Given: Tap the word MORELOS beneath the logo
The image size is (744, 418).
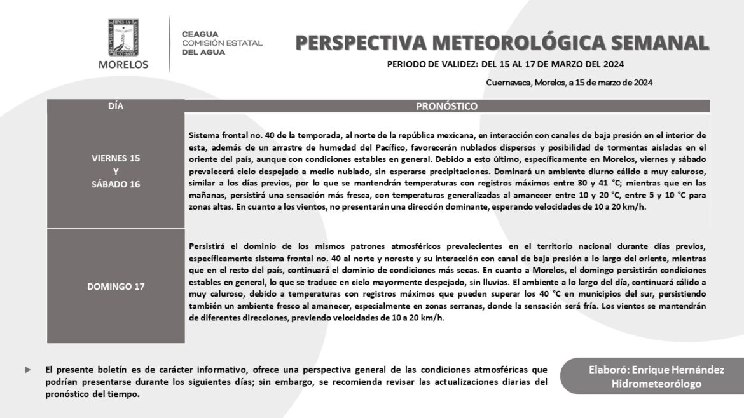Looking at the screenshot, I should pos(123,64).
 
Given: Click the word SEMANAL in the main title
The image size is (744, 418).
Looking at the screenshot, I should pos(658,43).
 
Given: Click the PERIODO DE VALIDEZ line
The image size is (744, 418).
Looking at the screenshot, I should pos(505,65).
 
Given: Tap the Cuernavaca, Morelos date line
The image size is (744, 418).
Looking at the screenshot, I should pos(569,82).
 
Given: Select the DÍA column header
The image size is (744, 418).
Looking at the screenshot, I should pos(116,106).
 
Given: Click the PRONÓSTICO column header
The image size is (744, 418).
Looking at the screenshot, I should pos(446,106).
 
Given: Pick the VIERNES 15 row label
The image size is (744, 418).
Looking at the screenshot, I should pos(116,158).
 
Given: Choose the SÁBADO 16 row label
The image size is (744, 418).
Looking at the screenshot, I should pos(116,184).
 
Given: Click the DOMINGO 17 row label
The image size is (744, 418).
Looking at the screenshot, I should pos(116,286).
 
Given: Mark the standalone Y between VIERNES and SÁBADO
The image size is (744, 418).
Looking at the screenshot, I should pos(116,172).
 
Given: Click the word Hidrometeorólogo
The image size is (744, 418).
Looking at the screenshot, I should pos(656,384).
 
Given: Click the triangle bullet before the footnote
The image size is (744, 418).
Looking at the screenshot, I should pos(27,370).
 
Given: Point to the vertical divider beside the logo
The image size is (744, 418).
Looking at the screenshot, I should pos(170,43).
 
